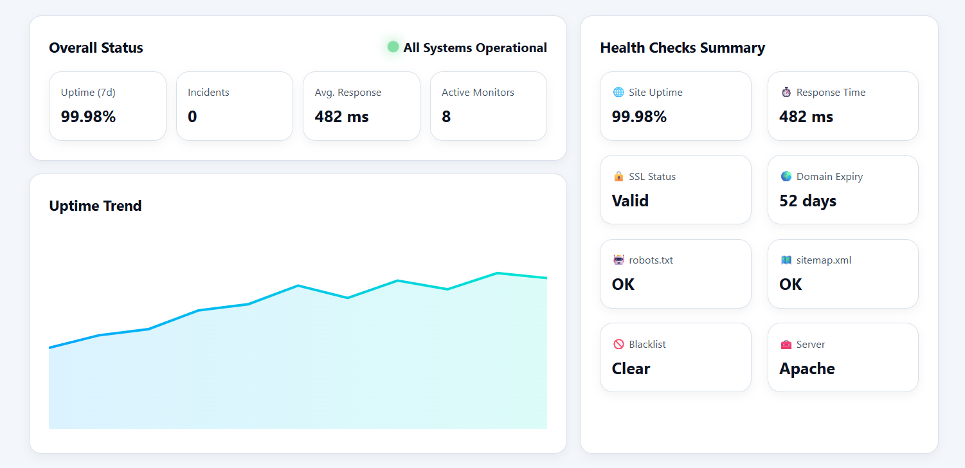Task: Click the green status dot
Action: pos(393,47)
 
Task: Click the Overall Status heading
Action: pos(96,48)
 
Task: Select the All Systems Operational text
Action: pos(475,48)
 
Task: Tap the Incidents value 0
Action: pos(192,116)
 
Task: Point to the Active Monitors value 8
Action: pos(446,116)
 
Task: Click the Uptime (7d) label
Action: pos(88,92)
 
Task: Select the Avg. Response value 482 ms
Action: pos(341,116)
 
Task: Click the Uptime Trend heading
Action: pos(95,206)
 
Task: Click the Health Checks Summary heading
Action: pos(682,48)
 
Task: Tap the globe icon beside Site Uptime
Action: pos(618,92)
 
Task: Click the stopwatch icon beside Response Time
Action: pos(786,92)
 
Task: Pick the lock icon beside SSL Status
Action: pos(618,176)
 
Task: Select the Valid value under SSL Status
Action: pos(630,201)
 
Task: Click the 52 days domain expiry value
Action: pos(807,201)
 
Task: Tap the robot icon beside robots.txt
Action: pos(618,260)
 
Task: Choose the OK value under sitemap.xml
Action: pos(790,284)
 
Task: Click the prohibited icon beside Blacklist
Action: pos(618,344)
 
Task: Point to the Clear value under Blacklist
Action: pos(631,368)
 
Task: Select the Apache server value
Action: pos(807,368)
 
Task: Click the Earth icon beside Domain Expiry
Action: pos(786,176)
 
